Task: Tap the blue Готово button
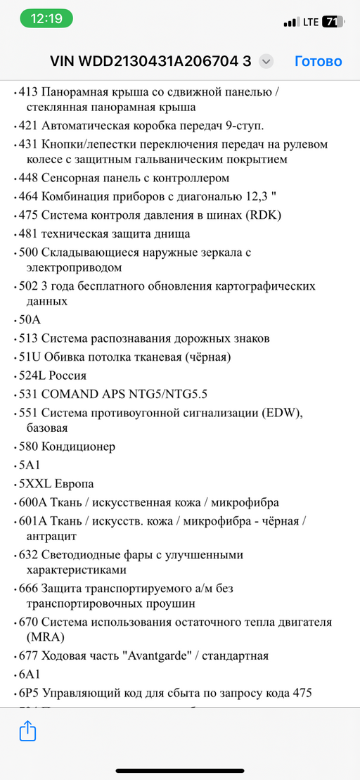318,61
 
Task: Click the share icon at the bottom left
27,731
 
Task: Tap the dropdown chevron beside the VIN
266,62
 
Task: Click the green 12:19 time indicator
47,19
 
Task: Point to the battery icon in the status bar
333,22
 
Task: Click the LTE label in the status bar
311,22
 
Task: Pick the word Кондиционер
78,447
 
